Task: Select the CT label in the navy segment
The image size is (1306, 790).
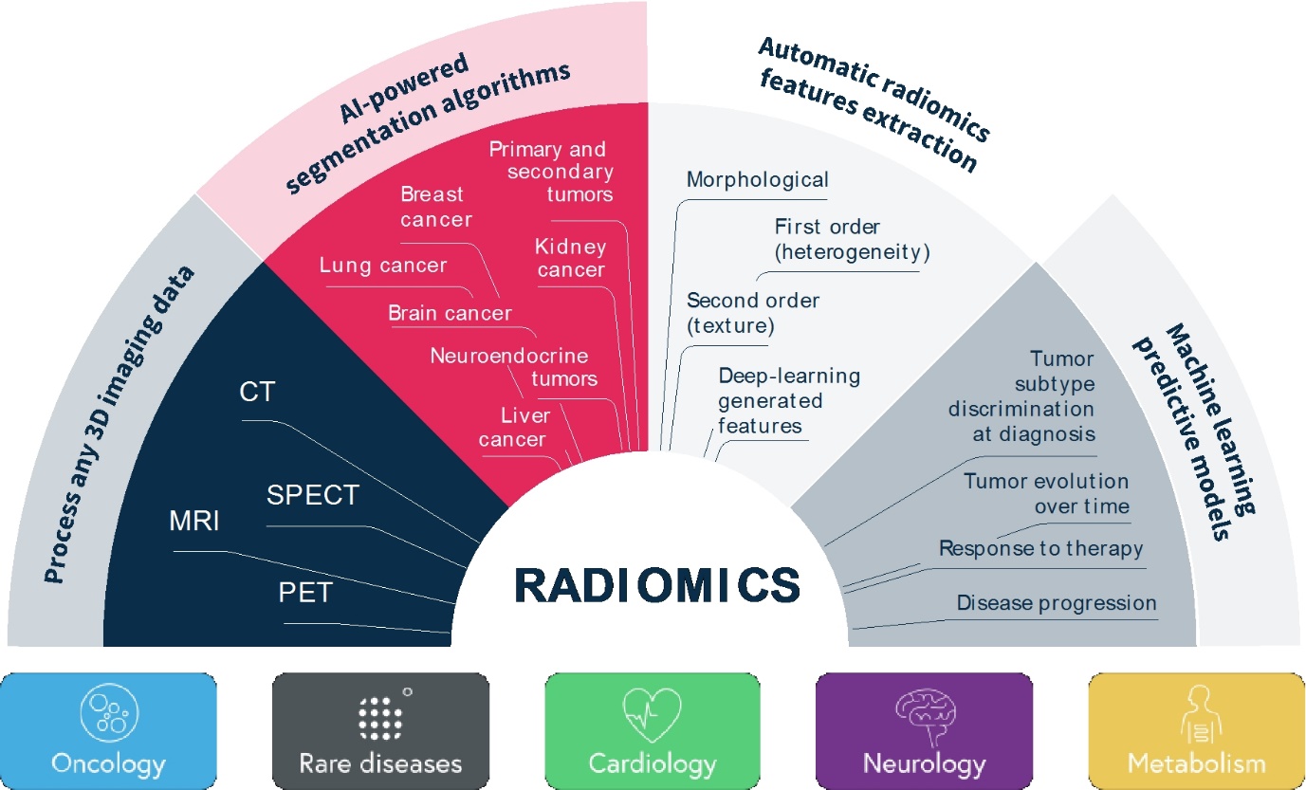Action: coord(257,392)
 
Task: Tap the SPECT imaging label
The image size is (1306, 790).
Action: coord(312,495)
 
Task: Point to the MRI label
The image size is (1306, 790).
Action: coord(194,522)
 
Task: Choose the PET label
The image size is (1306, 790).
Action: coord(305,593)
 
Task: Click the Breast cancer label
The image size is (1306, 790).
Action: coord(435,207)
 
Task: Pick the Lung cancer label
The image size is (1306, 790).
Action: coord(382,266)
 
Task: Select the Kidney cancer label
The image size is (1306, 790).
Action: coord(570,258)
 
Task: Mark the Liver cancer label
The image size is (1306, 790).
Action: coord(512,427)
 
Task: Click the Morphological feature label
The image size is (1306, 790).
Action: coord(757,179)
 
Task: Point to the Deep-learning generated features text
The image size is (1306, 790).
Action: coord(776,401)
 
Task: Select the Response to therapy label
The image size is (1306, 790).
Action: coord(1040,548)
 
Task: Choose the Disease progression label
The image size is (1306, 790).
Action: coord(1057,603)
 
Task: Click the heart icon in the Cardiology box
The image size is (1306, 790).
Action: coord(652,717)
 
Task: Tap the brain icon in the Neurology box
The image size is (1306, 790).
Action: coord(924,717)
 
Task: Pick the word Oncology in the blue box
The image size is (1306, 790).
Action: coord(109,763)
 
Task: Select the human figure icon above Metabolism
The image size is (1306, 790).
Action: coord(1195,717)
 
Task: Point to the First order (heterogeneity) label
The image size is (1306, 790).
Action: coord(852,240)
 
